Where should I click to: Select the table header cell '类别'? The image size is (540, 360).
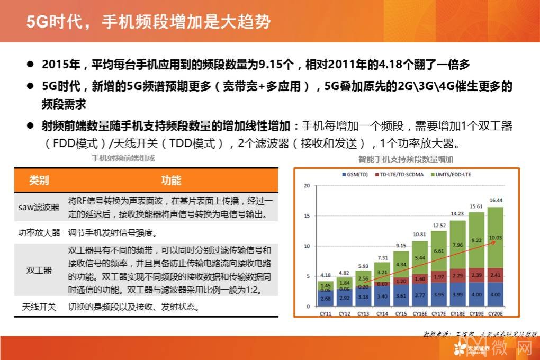[39, 181]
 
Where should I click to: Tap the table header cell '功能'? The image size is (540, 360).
[171, 181]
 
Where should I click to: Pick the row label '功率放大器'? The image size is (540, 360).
[39, 233]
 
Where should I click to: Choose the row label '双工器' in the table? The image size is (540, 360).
[39, 270]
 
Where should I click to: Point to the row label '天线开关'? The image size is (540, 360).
[39, 307]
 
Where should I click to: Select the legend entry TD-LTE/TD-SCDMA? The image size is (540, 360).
[400, 174]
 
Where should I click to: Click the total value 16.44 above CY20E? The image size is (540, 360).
[496, 200]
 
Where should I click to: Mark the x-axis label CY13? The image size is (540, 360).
[363, 314]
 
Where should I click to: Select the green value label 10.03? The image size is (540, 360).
[496, 237]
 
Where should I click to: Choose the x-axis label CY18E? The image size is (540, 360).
[457, 314]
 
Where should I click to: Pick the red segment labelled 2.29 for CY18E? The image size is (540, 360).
[457, 276]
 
